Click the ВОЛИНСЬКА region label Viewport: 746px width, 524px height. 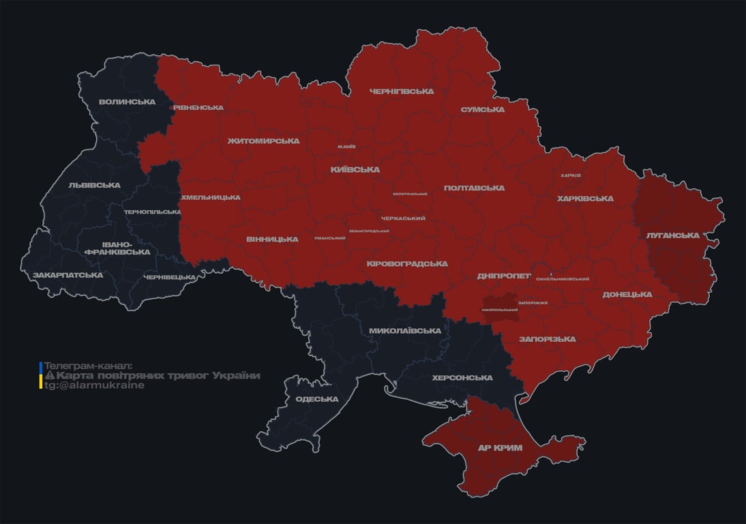127,102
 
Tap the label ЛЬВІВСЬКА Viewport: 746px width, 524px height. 94,185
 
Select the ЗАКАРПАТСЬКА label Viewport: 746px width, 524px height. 68,275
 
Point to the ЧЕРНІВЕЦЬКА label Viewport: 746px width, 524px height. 170,277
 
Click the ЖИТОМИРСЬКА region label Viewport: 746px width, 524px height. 263,141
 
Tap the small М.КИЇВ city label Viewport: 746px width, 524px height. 346,147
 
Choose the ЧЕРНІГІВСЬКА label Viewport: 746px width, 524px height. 402,91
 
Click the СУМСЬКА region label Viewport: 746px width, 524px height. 483,110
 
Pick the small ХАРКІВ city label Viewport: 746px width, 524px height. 570,175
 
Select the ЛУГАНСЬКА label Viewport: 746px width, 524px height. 673,235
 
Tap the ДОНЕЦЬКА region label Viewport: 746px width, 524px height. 627,295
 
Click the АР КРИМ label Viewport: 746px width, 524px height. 499,448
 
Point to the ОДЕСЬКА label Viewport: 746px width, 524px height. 317,399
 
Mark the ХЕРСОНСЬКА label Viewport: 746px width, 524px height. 462,378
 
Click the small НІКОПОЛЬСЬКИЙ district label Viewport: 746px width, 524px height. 500,310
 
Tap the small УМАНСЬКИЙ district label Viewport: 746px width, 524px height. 329,238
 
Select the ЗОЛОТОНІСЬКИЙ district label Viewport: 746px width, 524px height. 410,194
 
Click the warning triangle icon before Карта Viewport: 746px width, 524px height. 49,376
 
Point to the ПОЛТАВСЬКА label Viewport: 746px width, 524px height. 474,188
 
